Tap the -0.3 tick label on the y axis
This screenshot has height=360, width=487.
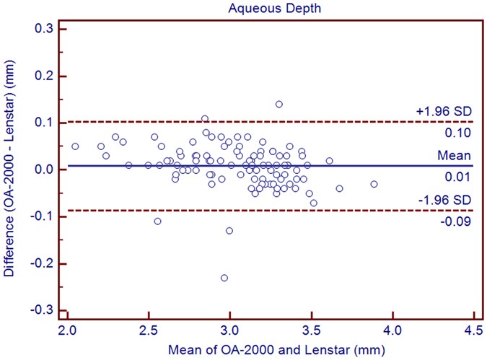point(48,309)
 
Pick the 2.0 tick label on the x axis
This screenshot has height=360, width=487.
point(67,333)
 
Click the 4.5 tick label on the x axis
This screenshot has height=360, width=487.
point(473,333)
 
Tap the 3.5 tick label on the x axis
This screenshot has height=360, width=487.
point(311,333)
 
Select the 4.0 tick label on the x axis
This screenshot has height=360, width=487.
point(392,333)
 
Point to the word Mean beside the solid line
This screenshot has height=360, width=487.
point(457,156)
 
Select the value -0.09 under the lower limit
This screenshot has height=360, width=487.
point(460,221)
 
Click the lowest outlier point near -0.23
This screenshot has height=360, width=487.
point(224,277)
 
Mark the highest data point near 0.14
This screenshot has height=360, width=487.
point(278,104)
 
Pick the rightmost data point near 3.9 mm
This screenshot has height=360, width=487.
point(374,184)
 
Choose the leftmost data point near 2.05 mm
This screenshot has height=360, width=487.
point(75,146)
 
